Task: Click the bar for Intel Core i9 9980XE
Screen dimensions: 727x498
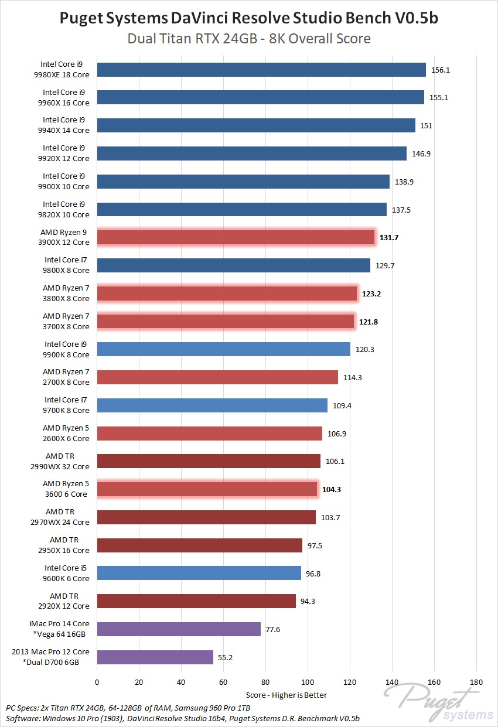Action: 261,70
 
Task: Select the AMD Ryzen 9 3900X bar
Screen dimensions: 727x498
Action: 236,237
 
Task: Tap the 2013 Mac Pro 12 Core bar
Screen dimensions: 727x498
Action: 155,657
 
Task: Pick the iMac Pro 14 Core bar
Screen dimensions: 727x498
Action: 179,629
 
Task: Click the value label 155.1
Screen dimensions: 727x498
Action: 439,98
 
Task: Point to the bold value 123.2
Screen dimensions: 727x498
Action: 371,293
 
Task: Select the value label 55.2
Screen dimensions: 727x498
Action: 226,658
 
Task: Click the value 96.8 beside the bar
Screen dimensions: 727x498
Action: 313,574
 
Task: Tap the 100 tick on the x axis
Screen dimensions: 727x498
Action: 308,682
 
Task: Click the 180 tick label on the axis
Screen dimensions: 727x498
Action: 476,682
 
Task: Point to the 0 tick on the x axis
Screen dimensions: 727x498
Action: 97,682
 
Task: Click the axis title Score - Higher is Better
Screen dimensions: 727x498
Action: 286,695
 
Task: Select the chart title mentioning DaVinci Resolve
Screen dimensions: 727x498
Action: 249,19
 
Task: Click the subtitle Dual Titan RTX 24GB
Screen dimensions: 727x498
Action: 249,39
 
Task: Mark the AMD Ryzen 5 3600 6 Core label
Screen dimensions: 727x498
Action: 65,489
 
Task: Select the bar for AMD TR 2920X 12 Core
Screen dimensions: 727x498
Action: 196,601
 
